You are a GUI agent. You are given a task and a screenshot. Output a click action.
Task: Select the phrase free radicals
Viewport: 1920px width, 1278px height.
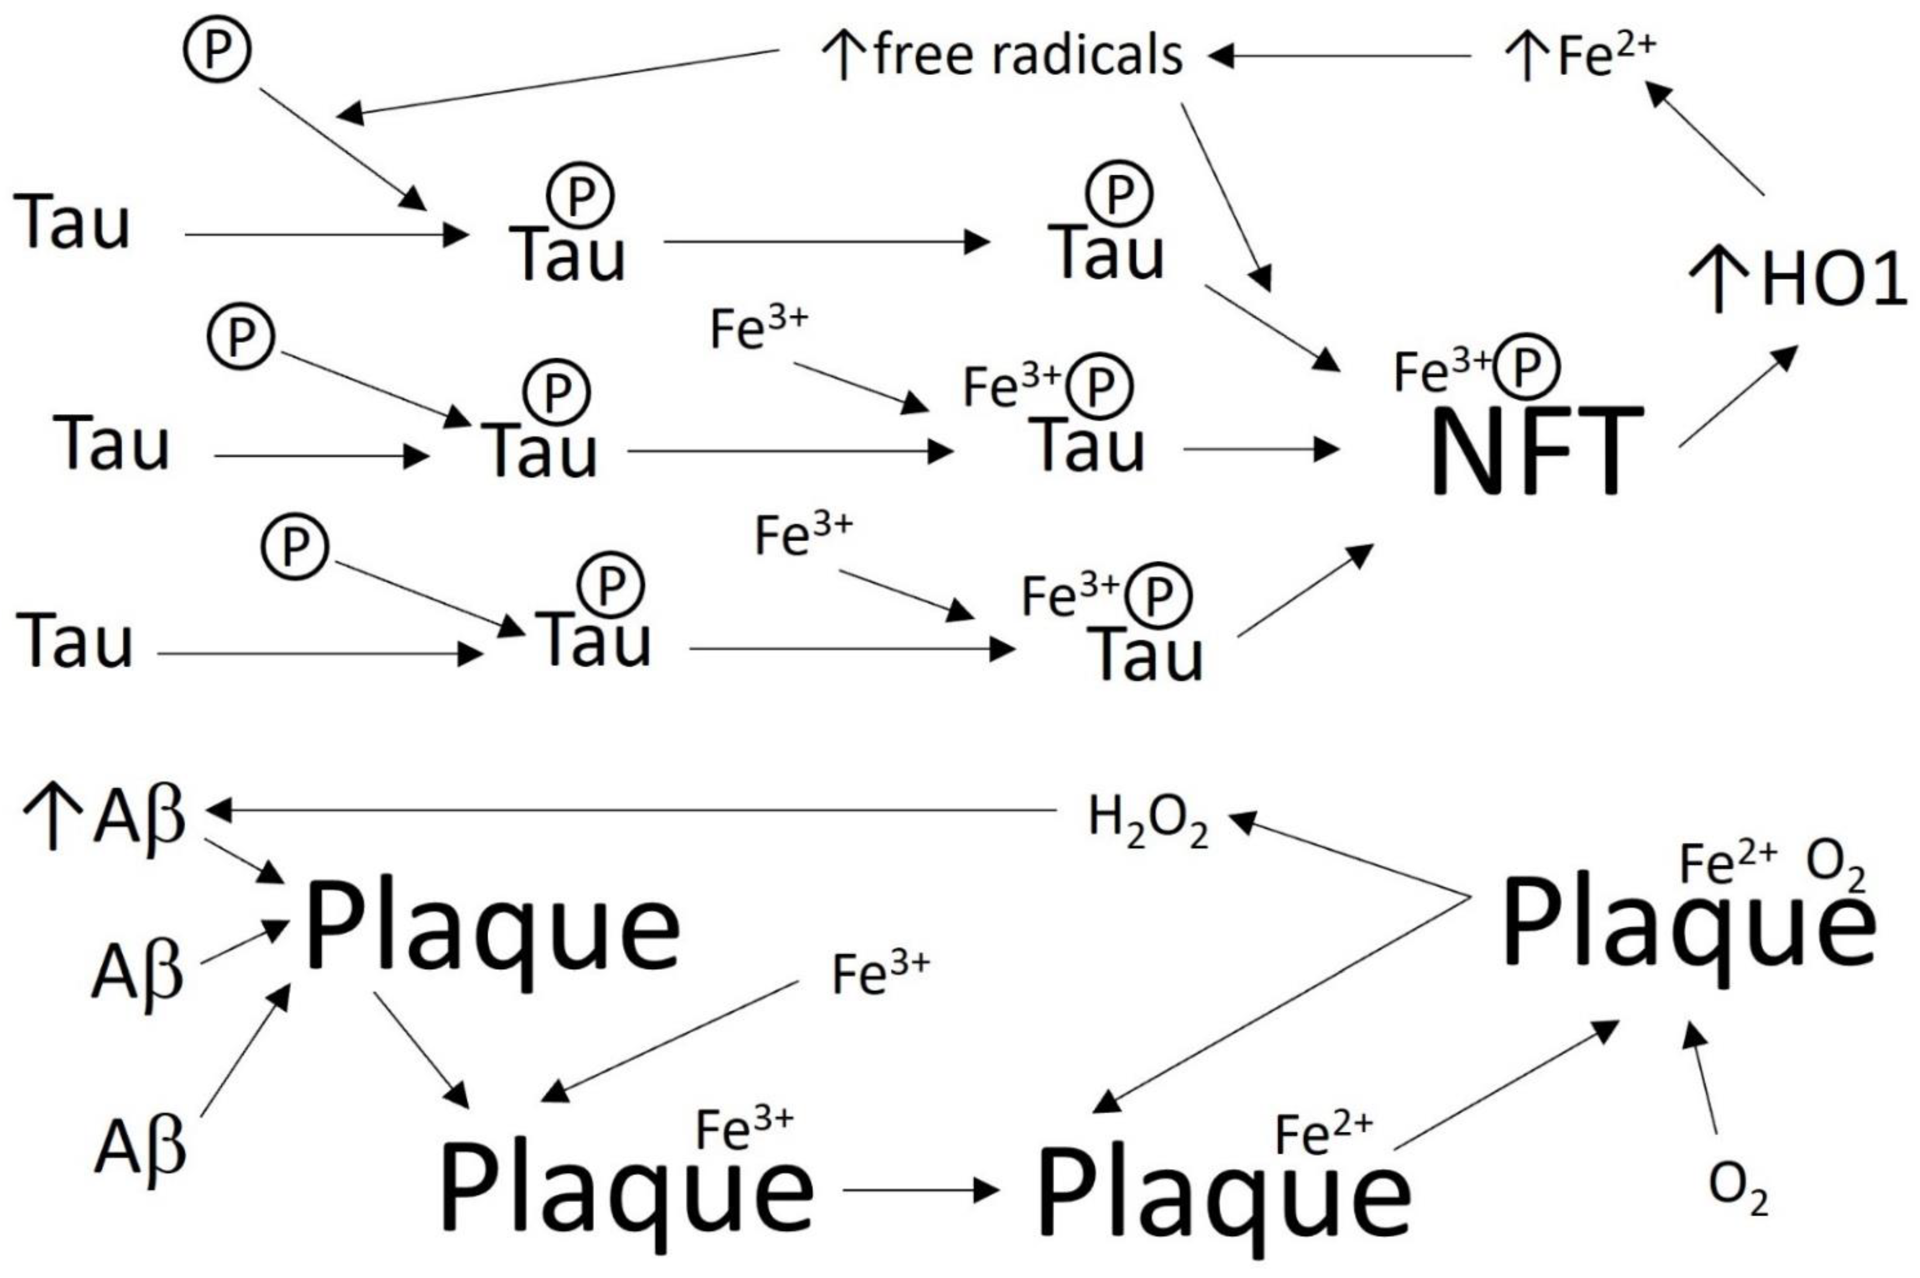point(1027,56)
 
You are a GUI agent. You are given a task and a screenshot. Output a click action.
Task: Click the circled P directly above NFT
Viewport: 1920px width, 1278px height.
point(1526,367)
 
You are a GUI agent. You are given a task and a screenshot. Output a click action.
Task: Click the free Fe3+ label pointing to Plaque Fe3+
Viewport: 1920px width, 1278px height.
point(879,974)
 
